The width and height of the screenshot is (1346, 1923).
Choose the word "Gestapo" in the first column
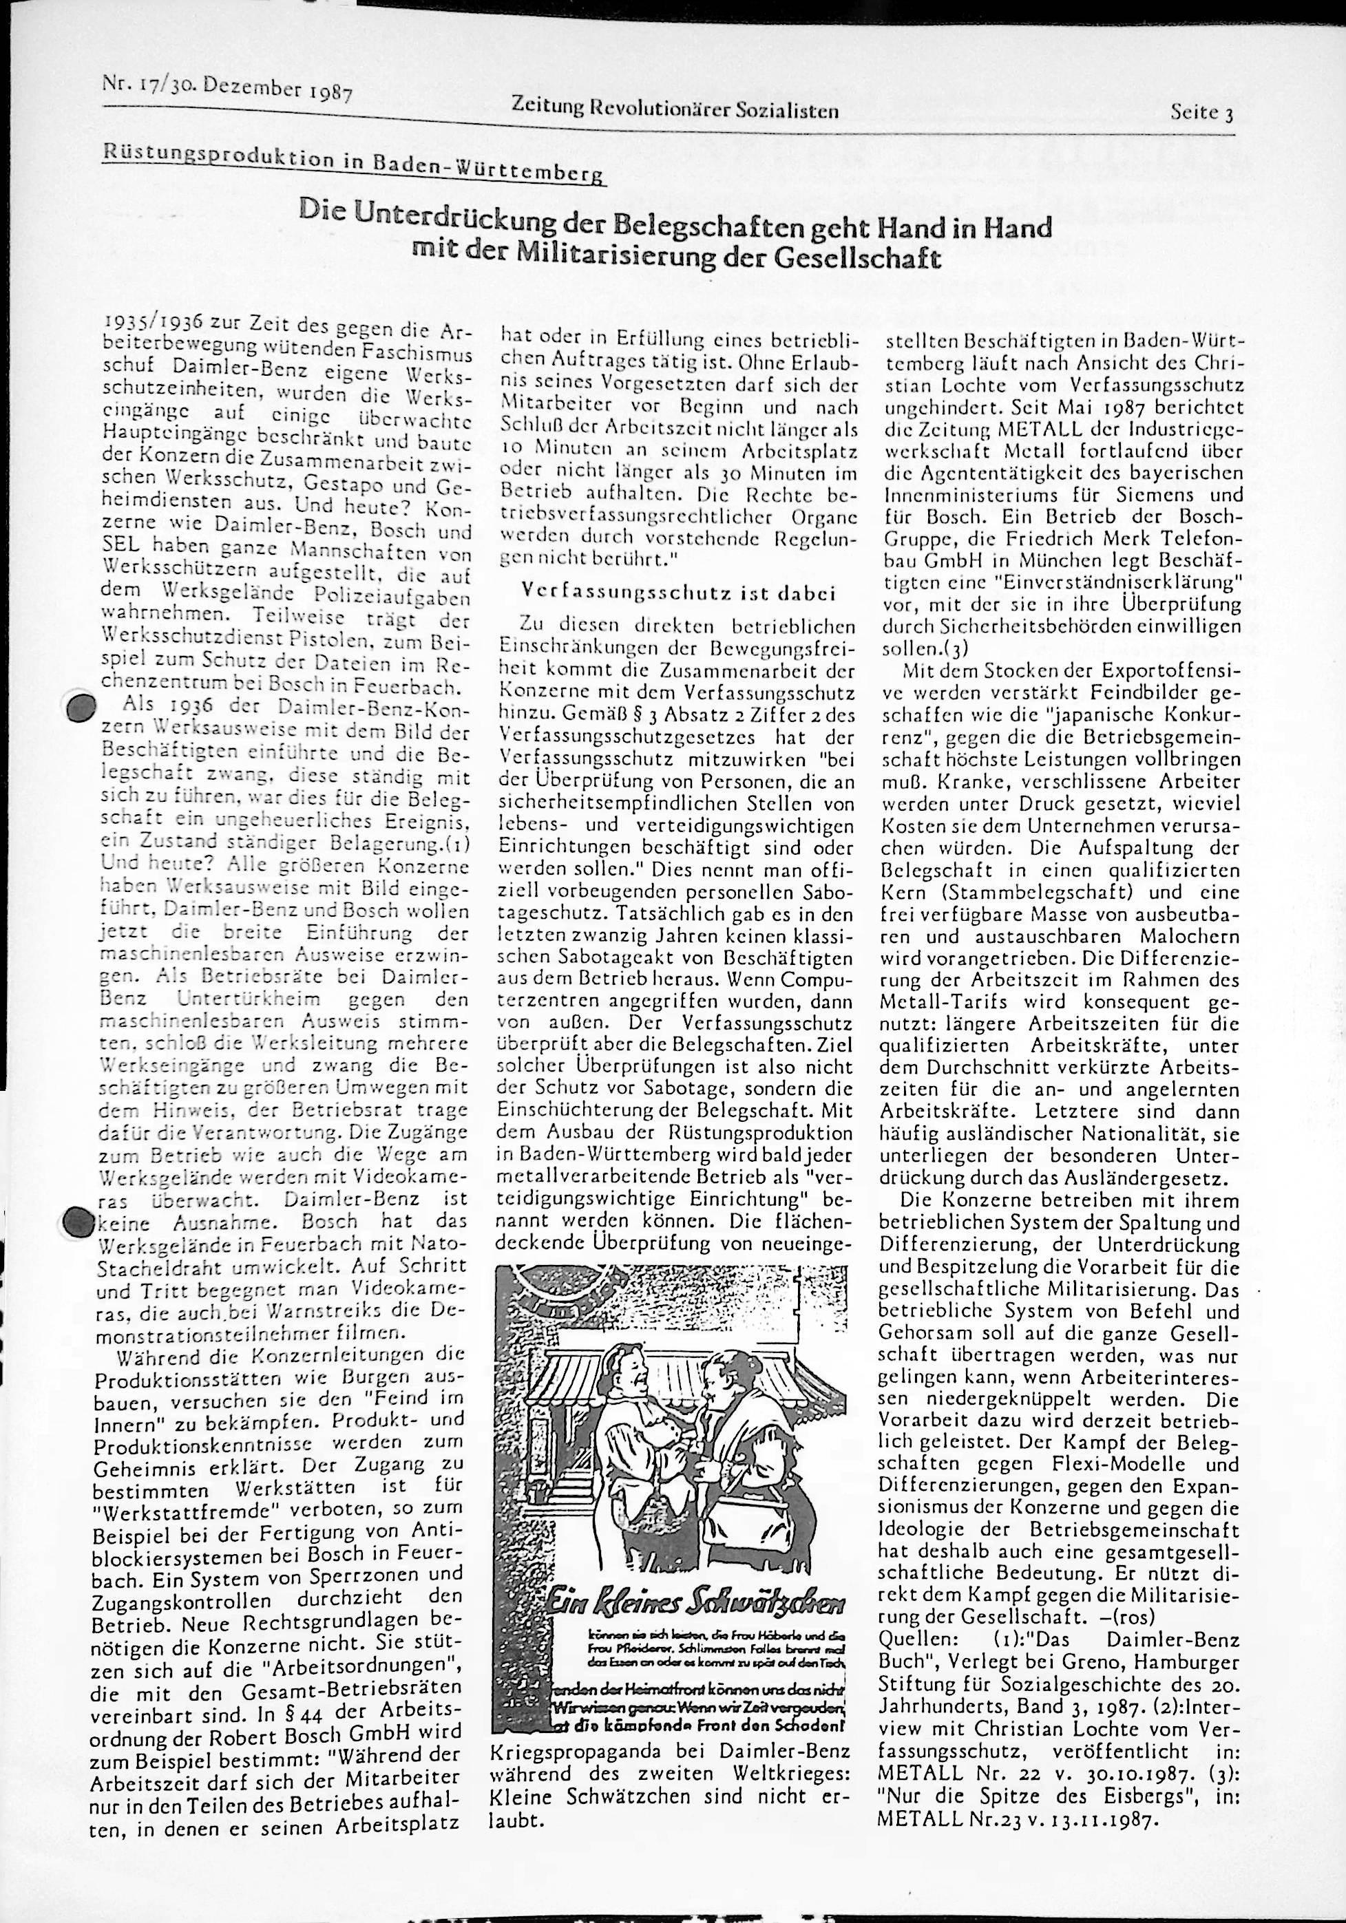[x=353, y=487]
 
